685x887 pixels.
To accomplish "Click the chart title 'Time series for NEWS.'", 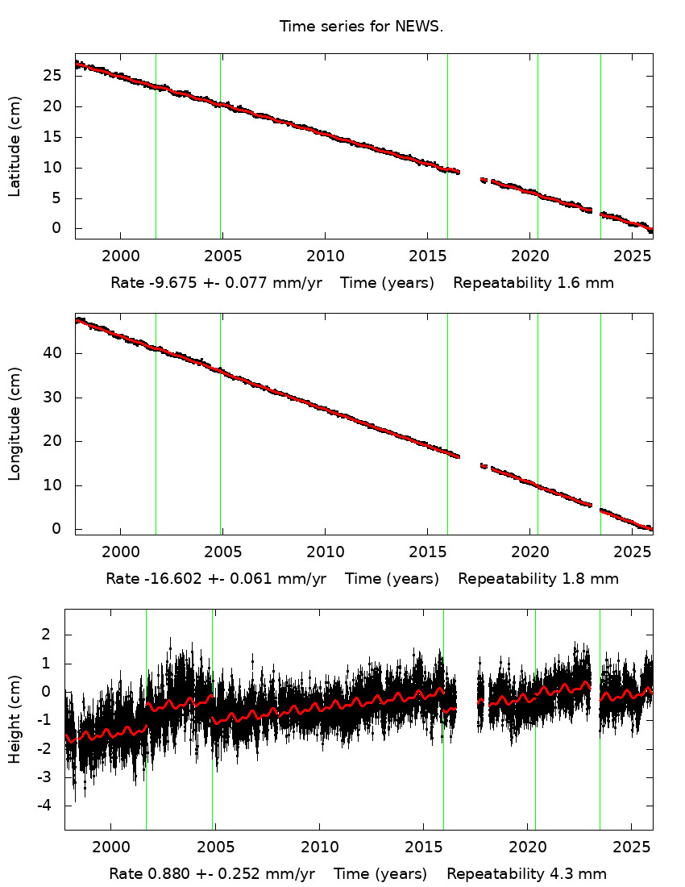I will pos(361,27).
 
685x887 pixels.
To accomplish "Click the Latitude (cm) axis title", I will pos(15,146).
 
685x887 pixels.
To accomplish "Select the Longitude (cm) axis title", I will pos(15,423).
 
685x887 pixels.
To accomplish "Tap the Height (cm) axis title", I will pos(15,719).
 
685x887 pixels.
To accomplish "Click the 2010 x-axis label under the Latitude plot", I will pos(325,256).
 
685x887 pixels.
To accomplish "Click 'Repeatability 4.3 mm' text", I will pos(526,874).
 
